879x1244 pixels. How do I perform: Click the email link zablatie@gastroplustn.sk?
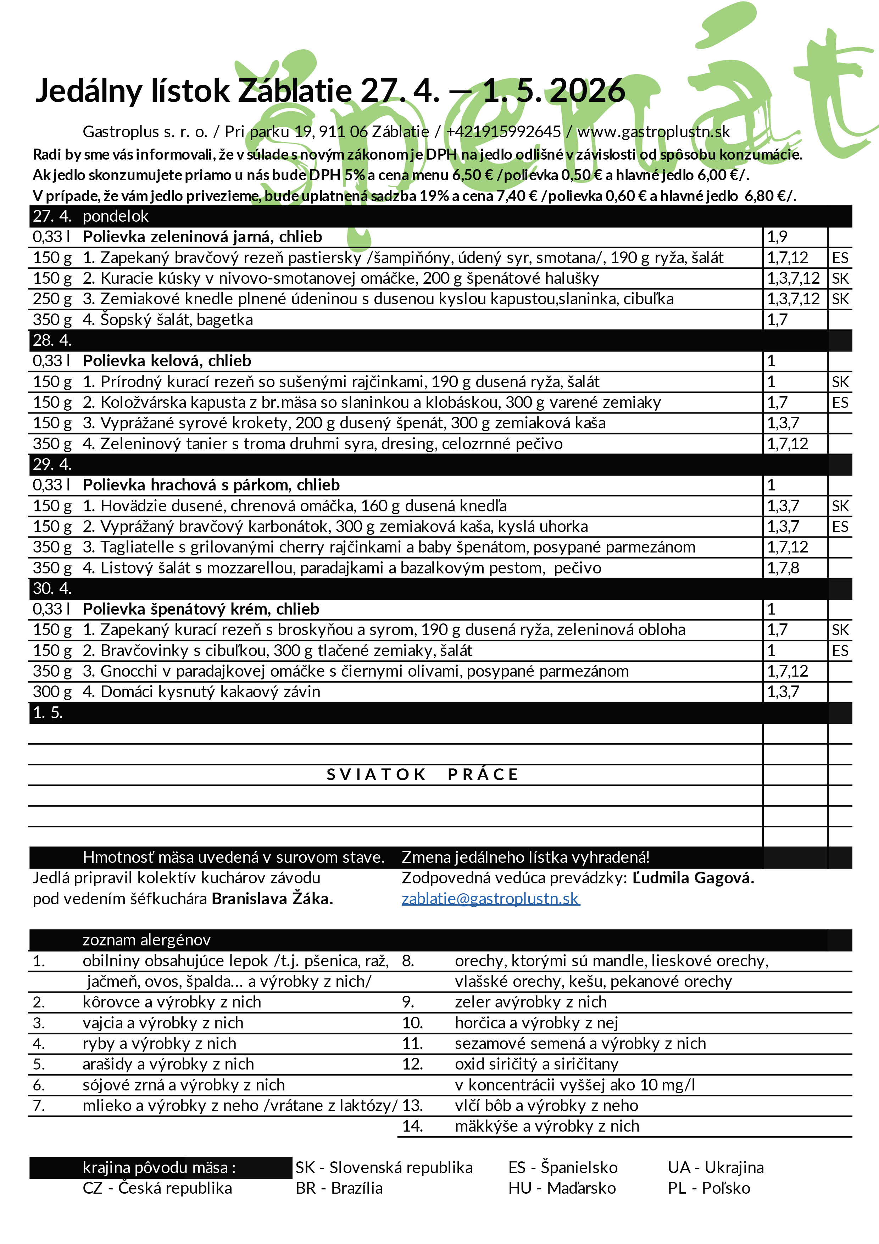click(x=490, y=899)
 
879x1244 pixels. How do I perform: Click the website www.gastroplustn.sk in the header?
click(x=653, y=132)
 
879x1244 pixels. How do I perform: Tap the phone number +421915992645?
click(x=503, y=132)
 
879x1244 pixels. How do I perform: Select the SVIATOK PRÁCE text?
click(x=422, y=775)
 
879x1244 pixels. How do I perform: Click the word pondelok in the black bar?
click(x=115, y=216)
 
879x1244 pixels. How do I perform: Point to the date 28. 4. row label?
click(x=52, y=340)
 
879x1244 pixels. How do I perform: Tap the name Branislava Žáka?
click(x=272, y=899)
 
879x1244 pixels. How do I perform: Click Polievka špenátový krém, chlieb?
click(x=201, y=609)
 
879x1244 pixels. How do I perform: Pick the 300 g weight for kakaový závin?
click(x=52, y=692)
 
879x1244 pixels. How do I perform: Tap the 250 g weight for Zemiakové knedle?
click(x=52, y=299)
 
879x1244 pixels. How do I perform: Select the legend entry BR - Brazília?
click(x=339, y=1188)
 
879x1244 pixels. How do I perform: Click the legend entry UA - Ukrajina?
click(x=716, y=1168)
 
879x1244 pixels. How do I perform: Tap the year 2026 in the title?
click(x=588, y=90)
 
